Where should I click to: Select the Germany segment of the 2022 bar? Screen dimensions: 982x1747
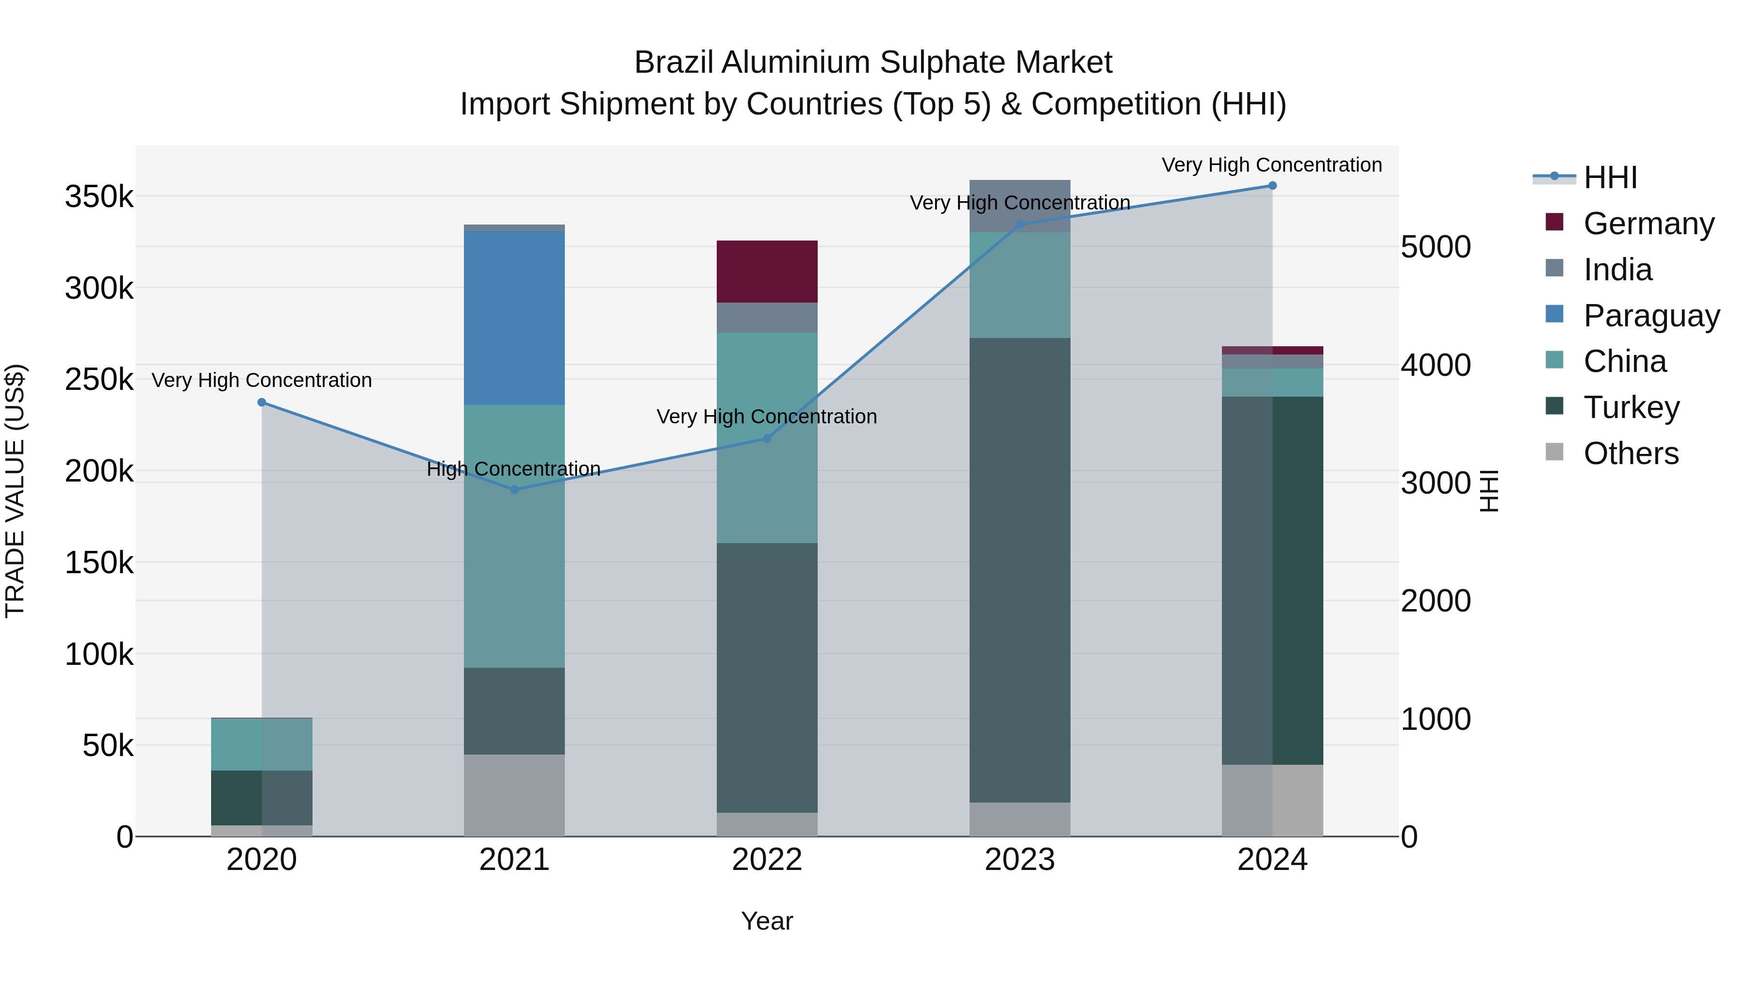click(767, 271)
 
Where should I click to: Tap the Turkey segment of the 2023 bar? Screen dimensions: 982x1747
click(1019, 569)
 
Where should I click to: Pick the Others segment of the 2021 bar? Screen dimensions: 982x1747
click(514, 794)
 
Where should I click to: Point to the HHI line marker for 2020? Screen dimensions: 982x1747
click(262, 402)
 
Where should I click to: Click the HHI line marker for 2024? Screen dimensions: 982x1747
click(1272, 186)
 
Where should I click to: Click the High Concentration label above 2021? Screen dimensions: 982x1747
click(513, 469)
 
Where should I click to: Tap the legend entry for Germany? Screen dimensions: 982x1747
click(1648, 224)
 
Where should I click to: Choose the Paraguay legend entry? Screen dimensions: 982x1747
click(1651, 316)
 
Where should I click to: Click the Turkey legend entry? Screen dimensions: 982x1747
click(1631, 407)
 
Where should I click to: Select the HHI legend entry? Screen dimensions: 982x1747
click(1610, 177)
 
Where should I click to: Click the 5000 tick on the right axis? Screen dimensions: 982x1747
click(1435, 247)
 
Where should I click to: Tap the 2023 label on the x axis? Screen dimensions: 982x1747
click(1019, 860)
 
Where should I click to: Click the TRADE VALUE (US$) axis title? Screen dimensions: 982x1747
click(15, 491)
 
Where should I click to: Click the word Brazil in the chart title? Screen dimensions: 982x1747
click(674, 63)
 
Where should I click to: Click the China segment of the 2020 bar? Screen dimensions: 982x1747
click(262, 744)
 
